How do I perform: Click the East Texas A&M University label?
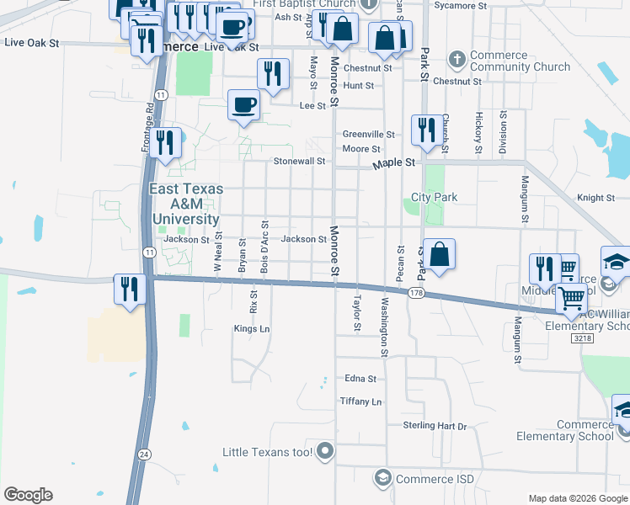(186, 204)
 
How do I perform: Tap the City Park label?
(434, 198)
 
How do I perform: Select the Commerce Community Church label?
(509, 61)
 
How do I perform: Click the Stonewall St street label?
(298, 161)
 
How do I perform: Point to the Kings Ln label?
(252, 329)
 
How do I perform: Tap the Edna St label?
(359, 379)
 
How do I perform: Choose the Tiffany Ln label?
(360, 401)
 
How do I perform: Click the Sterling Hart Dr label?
(435, 427)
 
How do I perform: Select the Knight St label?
(596, 198)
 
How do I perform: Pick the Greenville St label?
(369, 135)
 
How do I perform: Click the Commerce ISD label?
(435, 480)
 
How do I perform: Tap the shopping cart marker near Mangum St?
(571, 296)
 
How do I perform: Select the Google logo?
(28, 495)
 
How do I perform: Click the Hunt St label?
(358, 86)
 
